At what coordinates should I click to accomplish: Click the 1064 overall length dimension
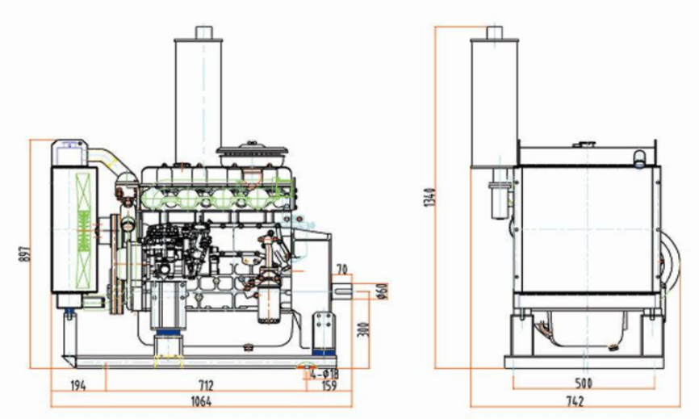click(x=201, y=404)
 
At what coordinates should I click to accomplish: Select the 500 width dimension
click(x=584, y=383)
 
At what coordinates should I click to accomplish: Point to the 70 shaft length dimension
click(x=342, y=269)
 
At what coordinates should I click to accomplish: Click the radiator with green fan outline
click(x=74, y=218)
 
